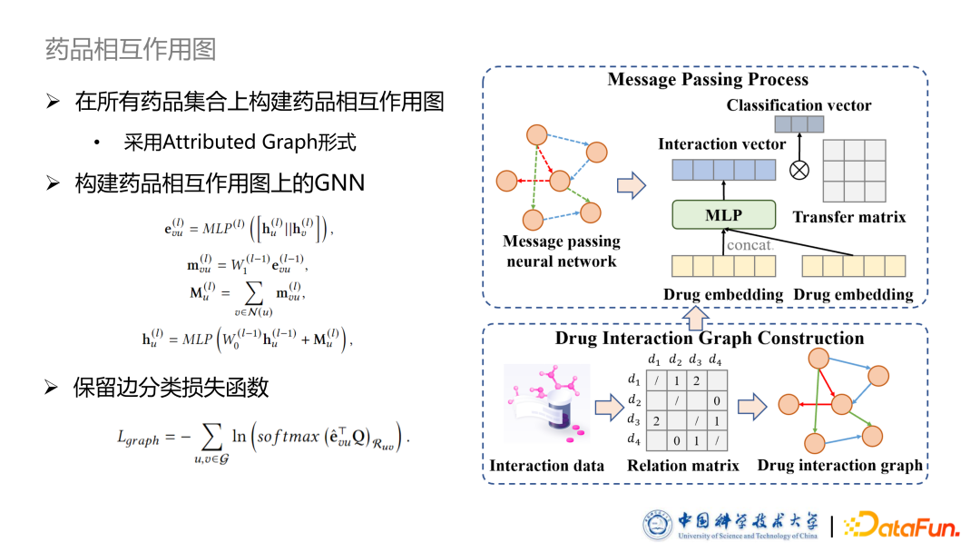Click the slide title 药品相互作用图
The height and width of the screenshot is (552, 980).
131,48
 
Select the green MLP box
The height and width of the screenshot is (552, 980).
723,215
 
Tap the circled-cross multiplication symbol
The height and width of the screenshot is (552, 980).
799,170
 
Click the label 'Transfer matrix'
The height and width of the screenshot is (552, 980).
848,217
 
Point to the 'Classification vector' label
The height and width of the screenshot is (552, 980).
799,105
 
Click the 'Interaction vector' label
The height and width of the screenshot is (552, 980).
721,144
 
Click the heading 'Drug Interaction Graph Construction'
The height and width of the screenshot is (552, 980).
710,339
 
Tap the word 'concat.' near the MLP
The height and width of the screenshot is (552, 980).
750,245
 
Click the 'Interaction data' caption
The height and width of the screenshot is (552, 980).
546,466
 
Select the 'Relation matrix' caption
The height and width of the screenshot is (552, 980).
682,466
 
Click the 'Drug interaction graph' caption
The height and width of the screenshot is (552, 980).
839,466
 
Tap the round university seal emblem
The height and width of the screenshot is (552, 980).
657,525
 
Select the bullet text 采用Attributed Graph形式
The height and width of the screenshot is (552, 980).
240,143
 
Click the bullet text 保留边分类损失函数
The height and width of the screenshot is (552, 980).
171,388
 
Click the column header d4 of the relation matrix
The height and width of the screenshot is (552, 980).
715,360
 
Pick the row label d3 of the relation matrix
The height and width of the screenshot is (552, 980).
633,421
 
